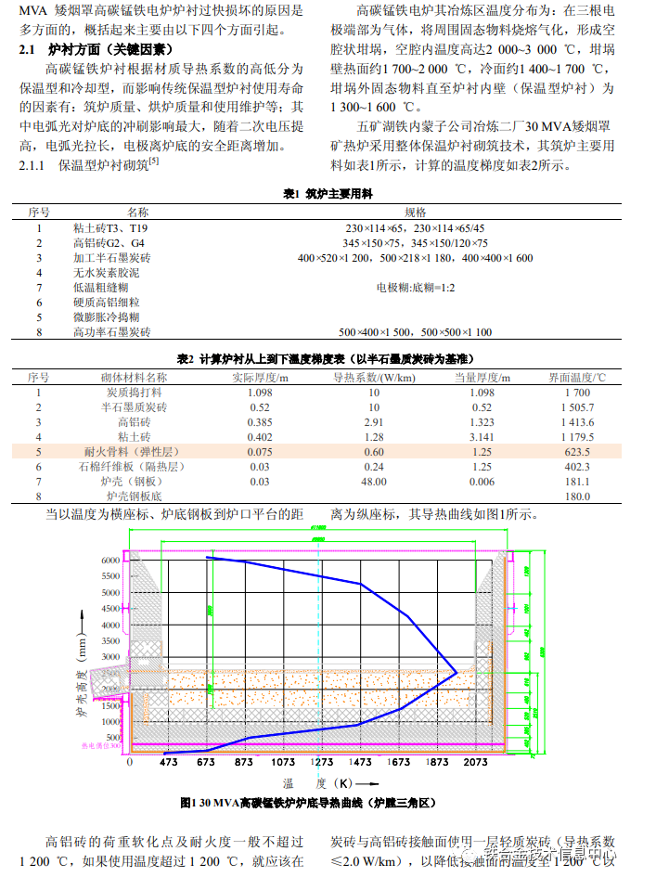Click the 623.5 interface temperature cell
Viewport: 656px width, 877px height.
pos(577,452)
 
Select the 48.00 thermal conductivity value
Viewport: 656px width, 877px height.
pos(373,482)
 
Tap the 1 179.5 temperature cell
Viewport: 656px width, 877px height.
pos(577,437)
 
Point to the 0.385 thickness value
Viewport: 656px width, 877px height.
pos(260,422)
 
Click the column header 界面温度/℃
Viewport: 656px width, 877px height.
pos(576,378)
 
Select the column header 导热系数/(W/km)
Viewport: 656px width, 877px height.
pos(373,378)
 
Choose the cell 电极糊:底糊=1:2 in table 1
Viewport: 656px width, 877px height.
pos(415,288)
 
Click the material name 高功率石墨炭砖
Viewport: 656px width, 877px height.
pos(111,331)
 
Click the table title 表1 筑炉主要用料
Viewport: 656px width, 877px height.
pos(327,195)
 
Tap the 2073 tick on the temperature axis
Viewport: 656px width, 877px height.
pos(475,762)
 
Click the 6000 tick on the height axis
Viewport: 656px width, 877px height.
pos(111,561)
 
